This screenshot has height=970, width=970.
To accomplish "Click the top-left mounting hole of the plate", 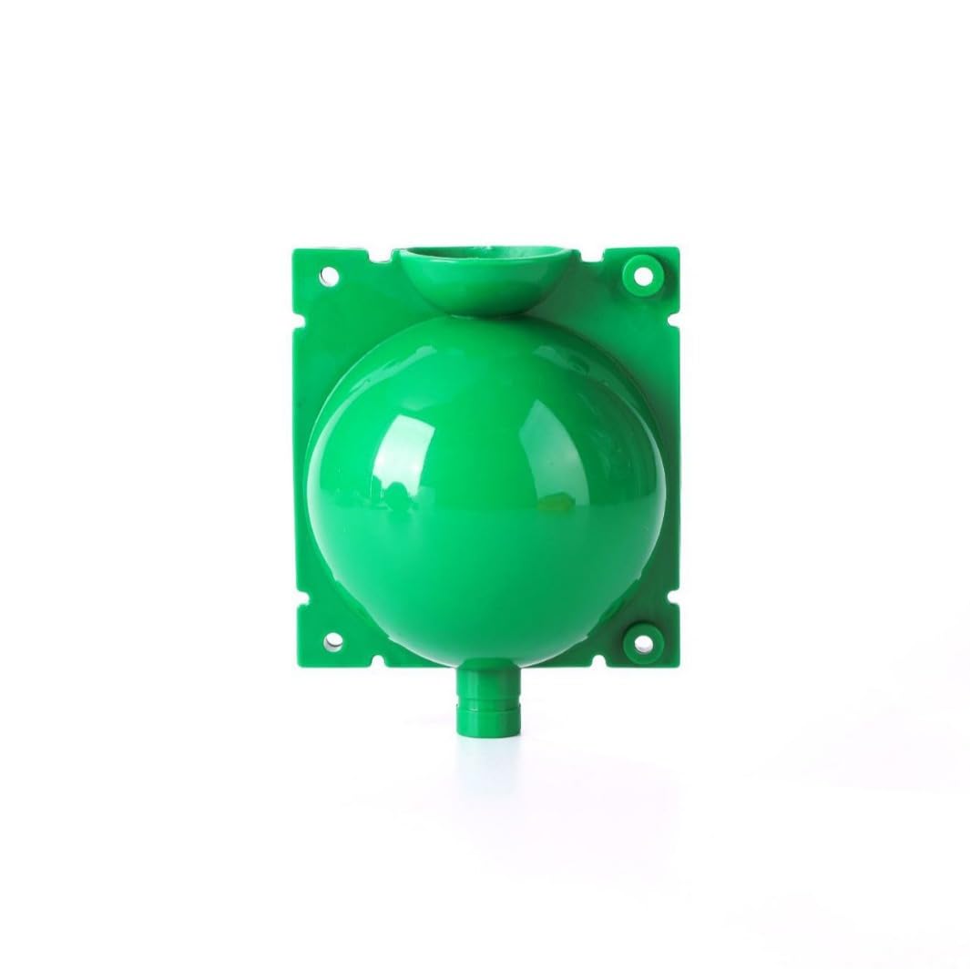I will (330, 275).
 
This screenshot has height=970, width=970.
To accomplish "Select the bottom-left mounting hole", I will (333, 643).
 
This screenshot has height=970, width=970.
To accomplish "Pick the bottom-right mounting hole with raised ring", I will (644, 642).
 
